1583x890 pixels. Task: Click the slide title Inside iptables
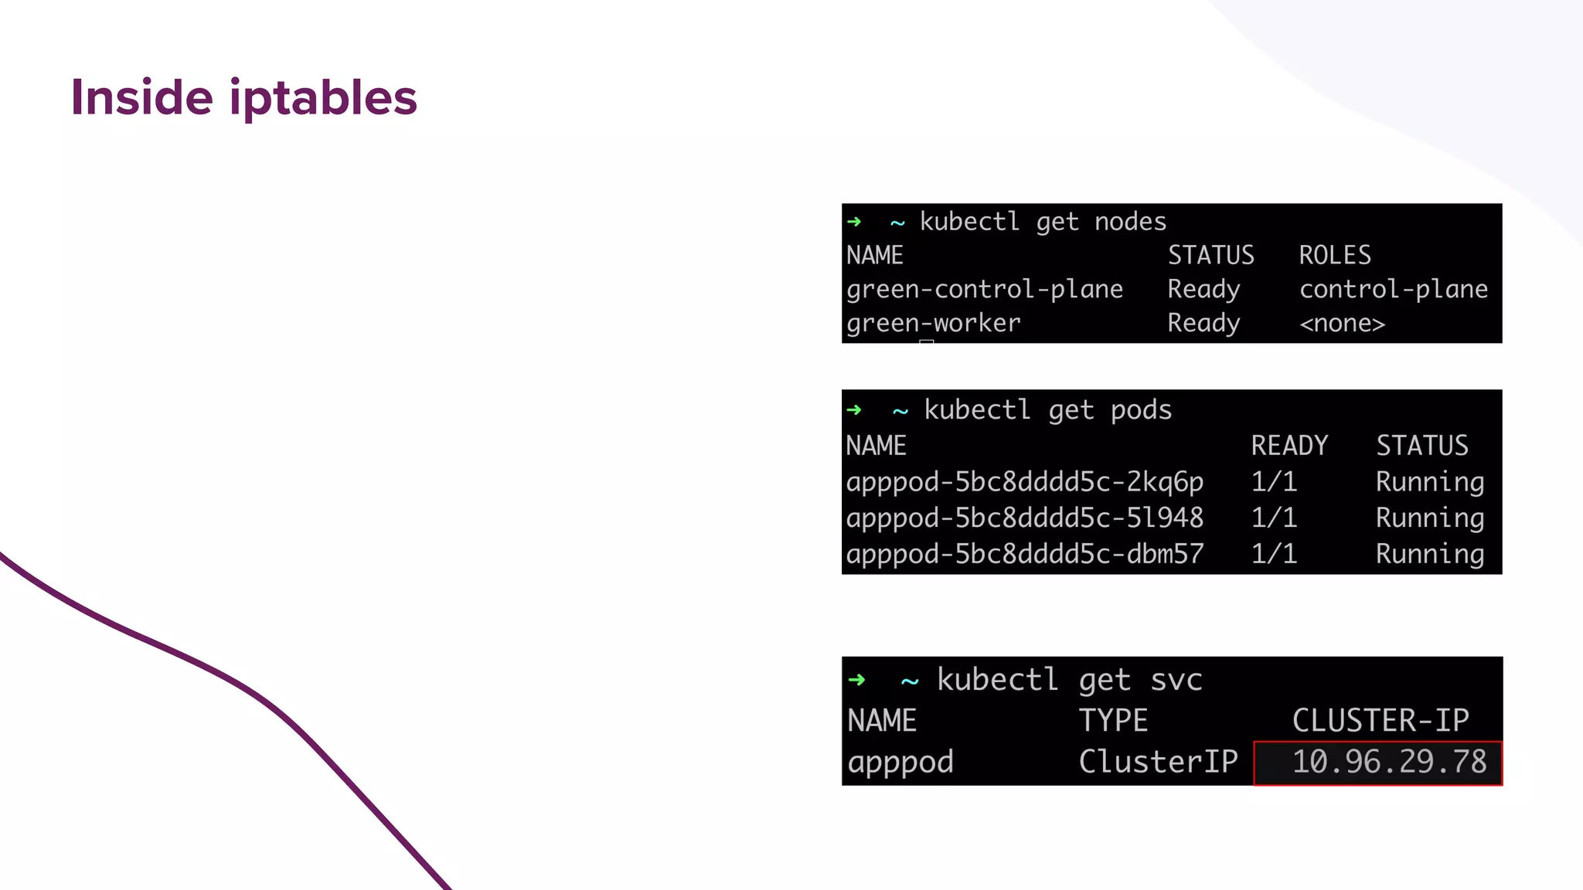pos(243,98)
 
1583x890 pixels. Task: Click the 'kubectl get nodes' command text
pos(1042,222)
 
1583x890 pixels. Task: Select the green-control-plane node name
pos(984,290)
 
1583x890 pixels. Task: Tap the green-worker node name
pos(933,323)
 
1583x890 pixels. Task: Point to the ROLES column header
pos(1334,256)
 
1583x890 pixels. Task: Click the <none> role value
pos(1342,323)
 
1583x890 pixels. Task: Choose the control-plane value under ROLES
pos(1393,290)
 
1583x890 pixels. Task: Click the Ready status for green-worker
pos(1203,323)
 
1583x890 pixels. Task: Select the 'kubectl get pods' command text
pos(1047,410)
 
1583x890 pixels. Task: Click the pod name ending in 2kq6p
pos(1024,482)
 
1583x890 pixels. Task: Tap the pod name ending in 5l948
pos(1024,518)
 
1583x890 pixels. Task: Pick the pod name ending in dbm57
pos(1024,554)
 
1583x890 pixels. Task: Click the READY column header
pos(1289,446)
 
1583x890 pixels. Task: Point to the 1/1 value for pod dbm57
pos(1274,554)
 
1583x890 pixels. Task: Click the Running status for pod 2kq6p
pos(1429,482)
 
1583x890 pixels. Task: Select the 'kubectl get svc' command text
pos(1069,681)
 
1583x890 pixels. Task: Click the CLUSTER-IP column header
pos(1380,721)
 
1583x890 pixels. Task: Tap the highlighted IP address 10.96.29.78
pos(1389,763)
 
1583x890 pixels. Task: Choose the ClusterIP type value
pos(1158,763)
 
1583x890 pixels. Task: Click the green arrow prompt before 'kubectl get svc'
pos(856,681)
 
